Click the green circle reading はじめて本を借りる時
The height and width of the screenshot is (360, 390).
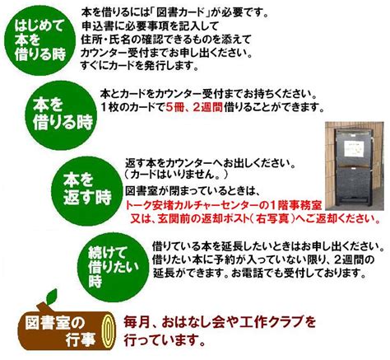coord(40,40)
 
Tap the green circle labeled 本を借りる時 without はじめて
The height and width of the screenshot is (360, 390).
coord(61,115)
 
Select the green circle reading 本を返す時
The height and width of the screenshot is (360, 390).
coord(87,191)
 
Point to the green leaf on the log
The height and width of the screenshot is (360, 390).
coord(52,297)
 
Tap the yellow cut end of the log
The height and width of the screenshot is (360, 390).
coord(109,331)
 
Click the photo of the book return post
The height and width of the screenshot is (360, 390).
coord(355,166)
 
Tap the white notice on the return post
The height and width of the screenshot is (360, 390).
coord(354,148)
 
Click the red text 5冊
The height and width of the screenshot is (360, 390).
coord(174,107)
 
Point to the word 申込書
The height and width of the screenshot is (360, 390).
coord(95,26)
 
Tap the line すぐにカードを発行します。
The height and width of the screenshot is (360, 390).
coord(139,66)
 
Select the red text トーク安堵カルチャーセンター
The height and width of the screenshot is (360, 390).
coord(192,205)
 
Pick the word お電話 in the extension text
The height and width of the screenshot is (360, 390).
coord(247,273)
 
